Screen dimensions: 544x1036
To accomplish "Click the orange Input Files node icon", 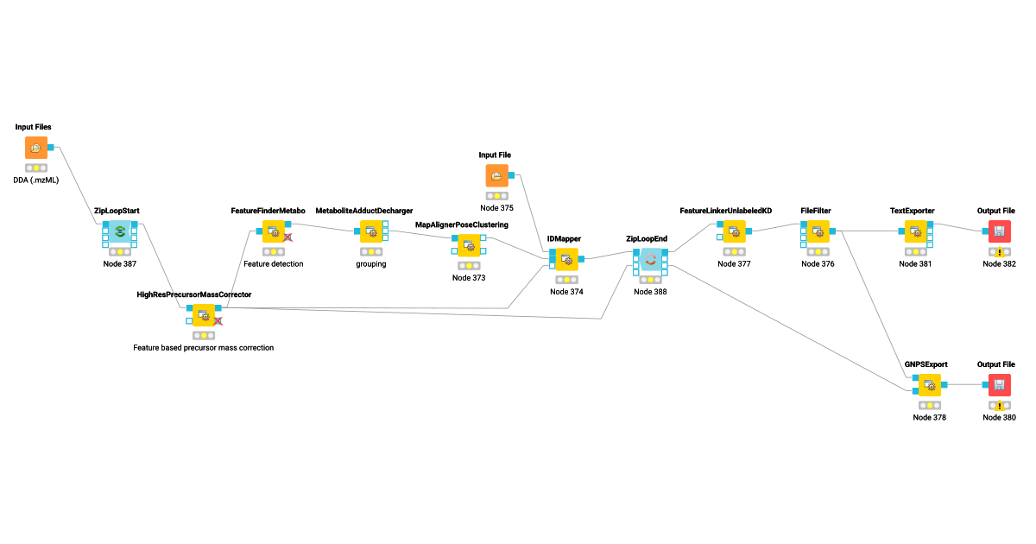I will [x=36, y=148].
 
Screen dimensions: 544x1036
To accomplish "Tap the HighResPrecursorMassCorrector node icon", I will [x=205, y=315].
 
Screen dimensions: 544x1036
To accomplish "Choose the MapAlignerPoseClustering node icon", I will [x=469, y=245].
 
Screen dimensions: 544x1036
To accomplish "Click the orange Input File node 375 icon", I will [x=496, y=176].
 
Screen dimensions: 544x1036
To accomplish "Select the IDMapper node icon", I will [x=566, y=259].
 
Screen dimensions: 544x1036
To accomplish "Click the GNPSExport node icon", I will [x=929, y=385].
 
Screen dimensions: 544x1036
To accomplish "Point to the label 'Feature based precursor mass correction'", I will [x=203, y=348].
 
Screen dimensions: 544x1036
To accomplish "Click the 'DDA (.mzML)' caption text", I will [x=36, y=180].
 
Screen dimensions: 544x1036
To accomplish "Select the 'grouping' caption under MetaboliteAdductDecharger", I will [x=371, y=264].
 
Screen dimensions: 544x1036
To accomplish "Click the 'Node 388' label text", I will [x=650, y=292].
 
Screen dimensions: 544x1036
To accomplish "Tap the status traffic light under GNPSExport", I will [x=929, y=405].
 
